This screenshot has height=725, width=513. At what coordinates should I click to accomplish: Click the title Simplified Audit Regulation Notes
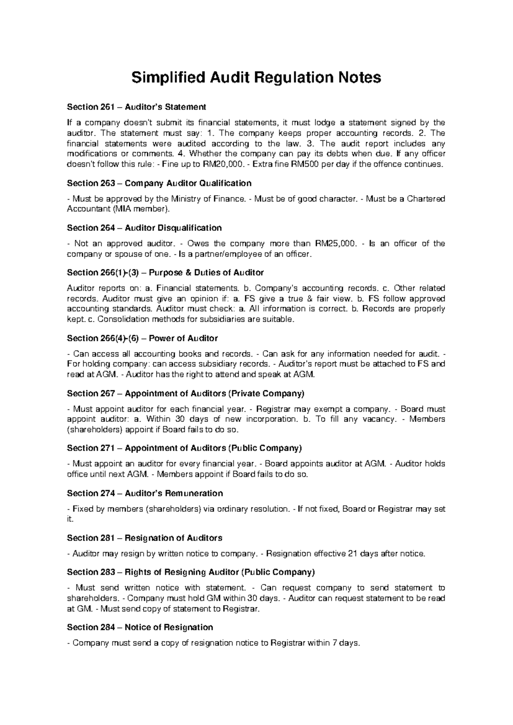[x=256, y=78]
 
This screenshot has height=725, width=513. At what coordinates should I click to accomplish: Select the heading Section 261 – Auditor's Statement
[x=136, y=107]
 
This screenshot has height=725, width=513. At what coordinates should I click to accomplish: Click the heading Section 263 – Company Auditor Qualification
[x=159, y=183]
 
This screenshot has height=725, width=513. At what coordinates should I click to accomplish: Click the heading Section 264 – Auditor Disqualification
[x=144, y=228]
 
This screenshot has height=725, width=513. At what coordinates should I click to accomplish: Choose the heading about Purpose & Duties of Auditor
[x=165, y=273]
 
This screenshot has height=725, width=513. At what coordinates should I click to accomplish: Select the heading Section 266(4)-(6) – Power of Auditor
[x=142, y=339]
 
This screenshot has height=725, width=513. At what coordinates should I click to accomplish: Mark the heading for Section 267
[x=186, y=393]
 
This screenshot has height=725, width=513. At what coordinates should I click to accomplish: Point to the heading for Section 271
[x=184, y=448]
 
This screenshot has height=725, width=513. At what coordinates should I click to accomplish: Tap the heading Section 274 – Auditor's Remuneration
[x=145, y=493]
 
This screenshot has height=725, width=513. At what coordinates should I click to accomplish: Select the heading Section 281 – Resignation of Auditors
[x=144, y=538]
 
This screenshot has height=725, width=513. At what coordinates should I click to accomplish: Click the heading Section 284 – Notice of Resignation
[x=140, y=627]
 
